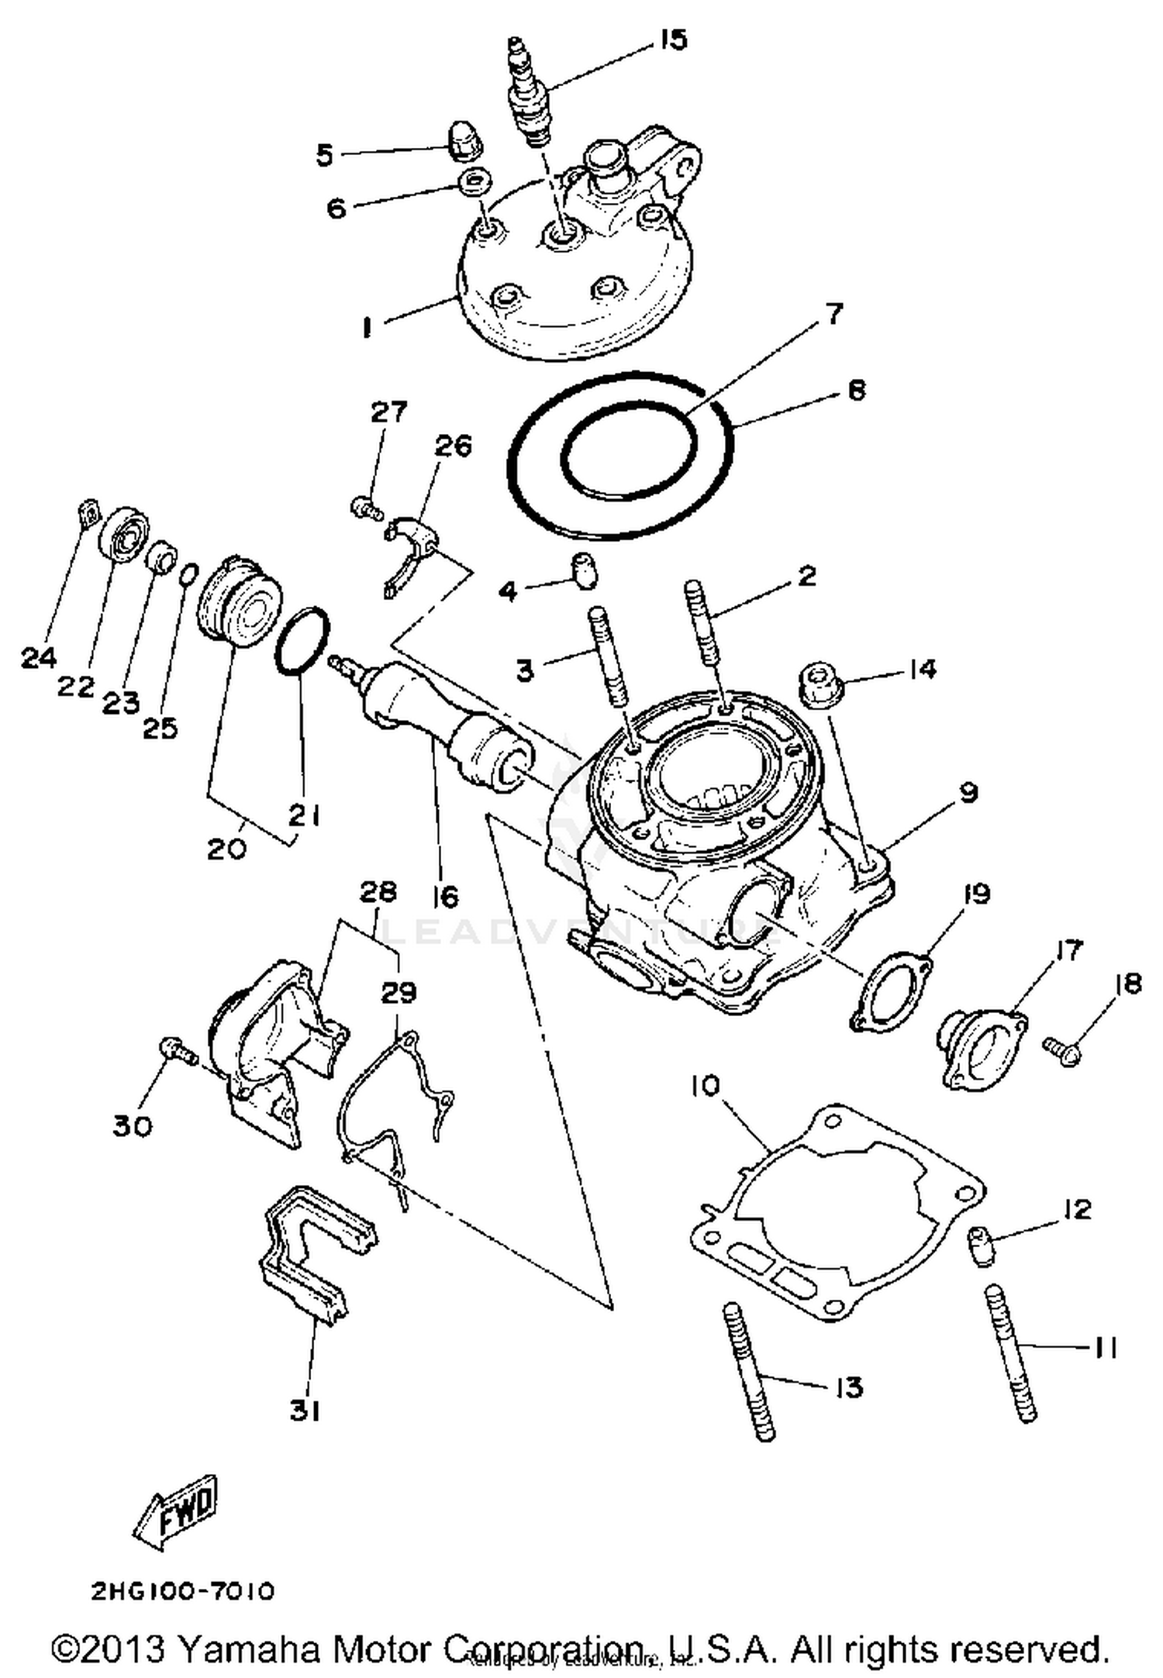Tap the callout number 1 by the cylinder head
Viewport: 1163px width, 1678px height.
(x=366, y=328)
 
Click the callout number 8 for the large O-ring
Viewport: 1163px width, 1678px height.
(x=856, y=390)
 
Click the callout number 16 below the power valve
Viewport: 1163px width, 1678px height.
(x=446, y=897)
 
